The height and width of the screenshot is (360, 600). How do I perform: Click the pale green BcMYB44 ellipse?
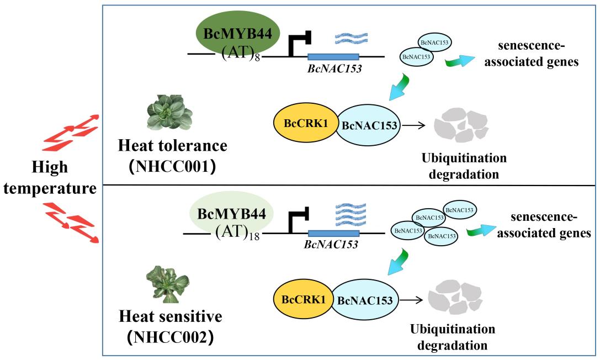231,213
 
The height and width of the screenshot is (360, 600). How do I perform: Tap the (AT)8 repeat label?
241,54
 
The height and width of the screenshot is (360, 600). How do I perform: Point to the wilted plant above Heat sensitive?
163,284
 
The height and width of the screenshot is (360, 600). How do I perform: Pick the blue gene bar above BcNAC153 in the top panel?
333,56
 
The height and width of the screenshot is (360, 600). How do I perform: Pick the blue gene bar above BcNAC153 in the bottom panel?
333,234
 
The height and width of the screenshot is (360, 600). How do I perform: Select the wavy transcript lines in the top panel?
352,38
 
